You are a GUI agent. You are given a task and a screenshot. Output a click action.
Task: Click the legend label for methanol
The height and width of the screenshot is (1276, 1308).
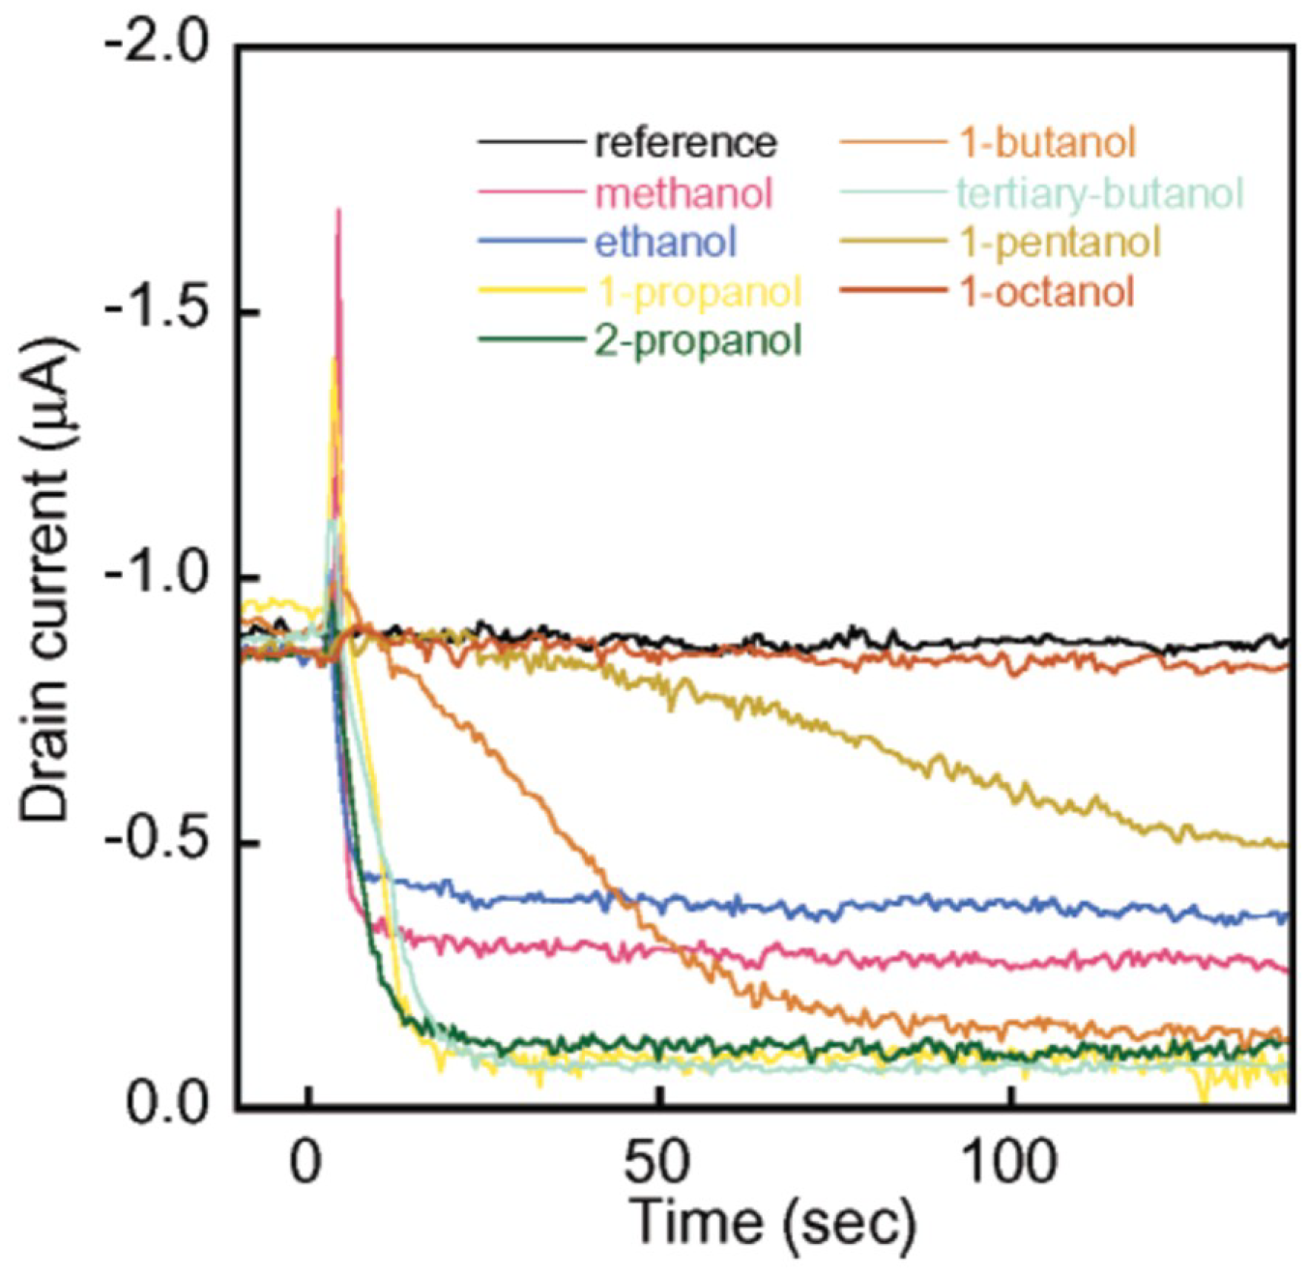click(x=683, y=193)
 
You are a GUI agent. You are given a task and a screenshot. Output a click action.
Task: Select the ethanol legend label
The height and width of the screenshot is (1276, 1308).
click(x=665, y=242)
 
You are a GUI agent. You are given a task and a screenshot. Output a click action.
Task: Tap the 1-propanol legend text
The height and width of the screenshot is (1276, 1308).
click(x=697, y=291)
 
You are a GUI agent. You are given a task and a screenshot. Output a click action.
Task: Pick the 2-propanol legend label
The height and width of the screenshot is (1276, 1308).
click(x=697, y=340)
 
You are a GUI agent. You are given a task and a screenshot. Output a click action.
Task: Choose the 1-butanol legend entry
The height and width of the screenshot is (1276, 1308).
click(x=1046, y=143)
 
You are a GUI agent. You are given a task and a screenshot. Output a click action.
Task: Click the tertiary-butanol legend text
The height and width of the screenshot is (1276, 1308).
click(x=1099, y=193)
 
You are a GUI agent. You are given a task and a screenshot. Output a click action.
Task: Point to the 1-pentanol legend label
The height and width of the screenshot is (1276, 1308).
click(x=1059, y=242)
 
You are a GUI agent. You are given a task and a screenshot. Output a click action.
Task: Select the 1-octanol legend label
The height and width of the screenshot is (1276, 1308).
click(x=1046, y=291)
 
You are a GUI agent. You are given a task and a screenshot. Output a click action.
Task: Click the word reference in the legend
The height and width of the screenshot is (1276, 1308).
click(x=684, y=143)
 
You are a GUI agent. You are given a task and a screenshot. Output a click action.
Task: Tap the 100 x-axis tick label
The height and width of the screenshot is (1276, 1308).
click(x=1011, y=1163)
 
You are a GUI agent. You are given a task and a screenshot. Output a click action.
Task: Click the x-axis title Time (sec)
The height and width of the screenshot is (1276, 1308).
click(x=772, y=1224)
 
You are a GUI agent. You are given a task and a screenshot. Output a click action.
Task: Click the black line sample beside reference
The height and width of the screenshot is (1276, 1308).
click(x=531, y=143)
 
